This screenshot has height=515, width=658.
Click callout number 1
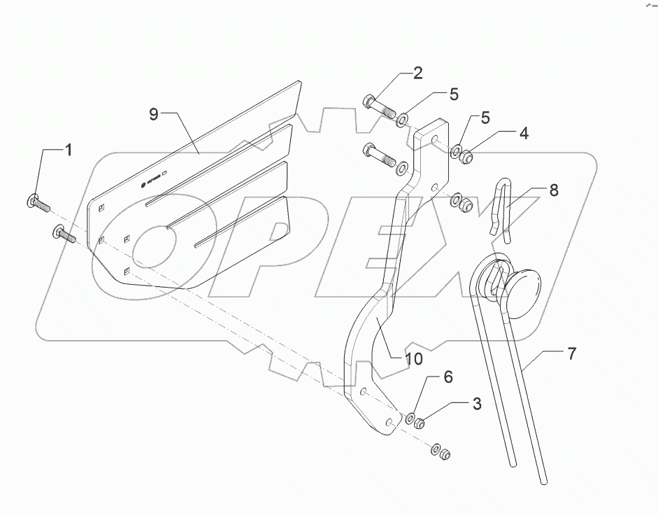point(69,149)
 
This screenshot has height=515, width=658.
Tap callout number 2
point(417,72)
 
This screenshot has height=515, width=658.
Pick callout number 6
point(447,377)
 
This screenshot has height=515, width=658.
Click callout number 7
point(571,353)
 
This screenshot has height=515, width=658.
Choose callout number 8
point(553,190)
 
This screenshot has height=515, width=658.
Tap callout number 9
point(154,114)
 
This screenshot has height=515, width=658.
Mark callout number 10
point(413,359)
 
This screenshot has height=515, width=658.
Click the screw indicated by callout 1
point(39,203)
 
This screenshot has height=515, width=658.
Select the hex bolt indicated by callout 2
point(378,107)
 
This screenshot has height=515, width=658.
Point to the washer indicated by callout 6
point(410,419)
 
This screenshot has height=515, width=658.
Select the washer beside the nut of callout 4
point(455,150)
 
